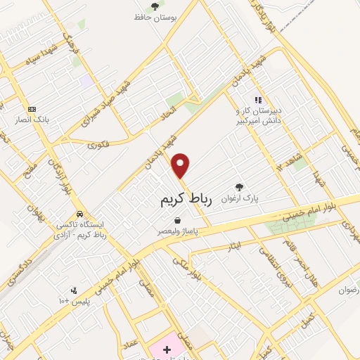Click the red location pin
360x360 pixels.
[181, 166]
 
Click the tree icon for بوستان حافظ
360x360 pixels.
[155, 6]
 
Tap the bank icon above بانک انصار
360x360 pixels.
[32, 109]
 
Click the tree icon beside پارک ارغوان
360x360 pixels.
[240, 187]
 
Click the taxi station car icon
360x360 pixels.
[80, 213]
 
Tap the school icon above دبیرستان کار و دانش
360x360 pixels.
[258, 100]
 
